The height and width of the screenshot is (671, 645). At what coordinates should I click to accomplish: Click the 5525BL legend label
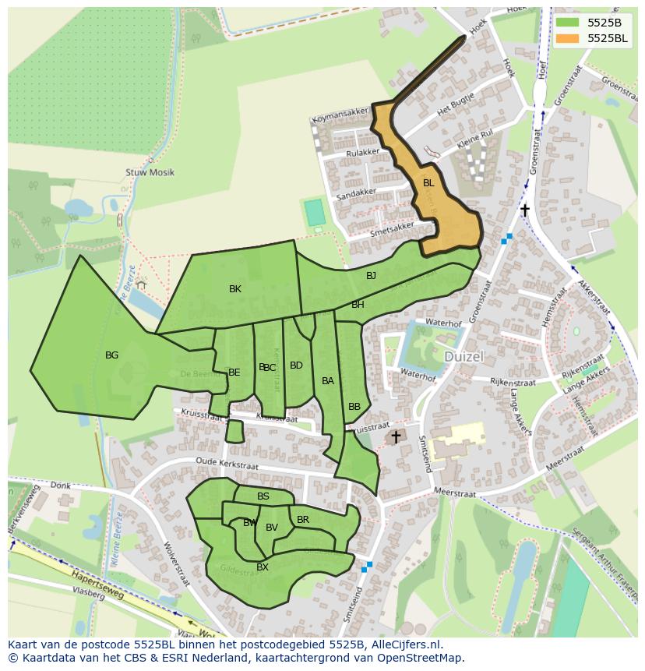click(608, 37)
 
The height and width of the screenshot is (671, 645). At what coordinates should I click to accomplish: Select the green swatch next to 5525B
click(568, 22)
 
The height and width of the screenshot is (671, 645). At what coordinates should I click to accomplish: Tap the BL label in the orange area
click(428, 183)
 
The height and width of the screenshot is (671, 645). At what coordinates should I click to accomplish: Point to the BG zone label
click(111, 355)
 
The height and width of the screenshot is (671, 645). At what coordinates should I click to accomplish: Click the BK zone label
click(235, 289)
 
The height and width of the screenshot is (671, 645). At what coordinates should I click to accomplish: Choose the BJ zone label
click(371, 276)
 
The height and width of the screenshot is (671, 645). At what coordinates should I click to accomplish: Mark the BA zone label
click(328, 381)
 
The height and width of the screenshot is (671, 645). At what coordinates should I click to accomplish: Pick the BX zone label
click(263, 567)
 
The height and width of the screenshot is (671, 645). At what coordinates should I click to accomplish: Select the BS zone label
click(263, 496)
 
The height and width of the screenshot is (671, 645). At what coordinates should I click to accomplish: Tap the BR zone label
click(303, 520)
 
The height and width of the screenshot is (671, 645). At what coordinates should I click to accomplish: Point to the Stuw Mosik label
click(150, 172)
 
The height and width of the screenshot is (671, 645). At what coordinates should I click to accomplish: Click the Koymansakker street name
click(339, 118)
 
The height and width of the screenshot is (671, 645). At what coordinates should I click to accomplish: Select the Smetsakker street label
click(371, 228)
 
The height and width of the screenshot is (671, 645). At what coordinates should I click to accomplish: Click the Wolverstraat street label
click(176, 563)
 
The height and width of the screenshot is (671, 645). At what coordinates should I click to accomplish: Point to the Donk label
click(60, 486)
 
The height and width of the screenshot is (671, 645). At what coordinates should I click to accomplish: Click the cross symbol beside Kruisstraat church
click(396, 437)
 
